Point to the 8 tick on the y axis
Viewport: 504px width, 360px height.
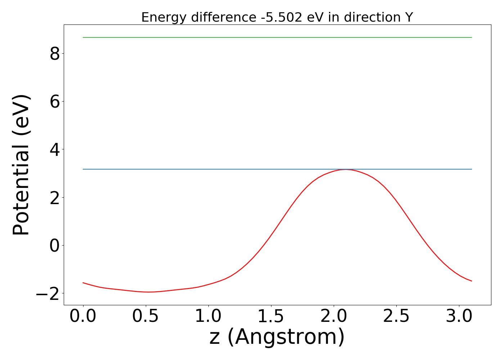click(x=55, y=54)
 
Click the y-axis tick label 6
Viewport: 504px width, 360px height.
click(x=55, y=102)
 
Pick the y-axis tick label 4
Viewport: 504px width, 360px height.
click(x=55, y=149)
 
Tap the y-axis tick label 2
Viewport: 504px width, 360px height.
click(x=55, y=198)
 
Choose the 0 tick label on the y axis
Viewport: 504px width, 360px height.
click(x=55, y=246)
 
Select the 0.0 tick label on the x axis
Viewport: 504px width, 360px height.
click(x=83, y=316)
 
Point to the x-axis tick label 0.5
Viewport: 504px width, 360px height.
click(x=146, y=316)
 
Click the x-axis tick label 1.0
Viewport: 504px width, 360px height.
click(x=208, y=316)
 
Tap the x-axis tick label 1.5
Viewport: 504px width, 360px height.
click(x=271, y=316)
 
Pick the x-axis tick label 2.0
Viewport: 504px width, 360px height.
click(x=334, y=316)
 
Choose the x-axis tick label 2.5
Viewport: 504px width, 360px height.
click(x=396, y=316)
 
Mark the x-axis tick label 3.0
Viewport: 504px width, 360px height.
click(x=459, y=316)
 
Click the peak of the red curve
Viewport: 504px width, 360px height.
click(x=346, y=169)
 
